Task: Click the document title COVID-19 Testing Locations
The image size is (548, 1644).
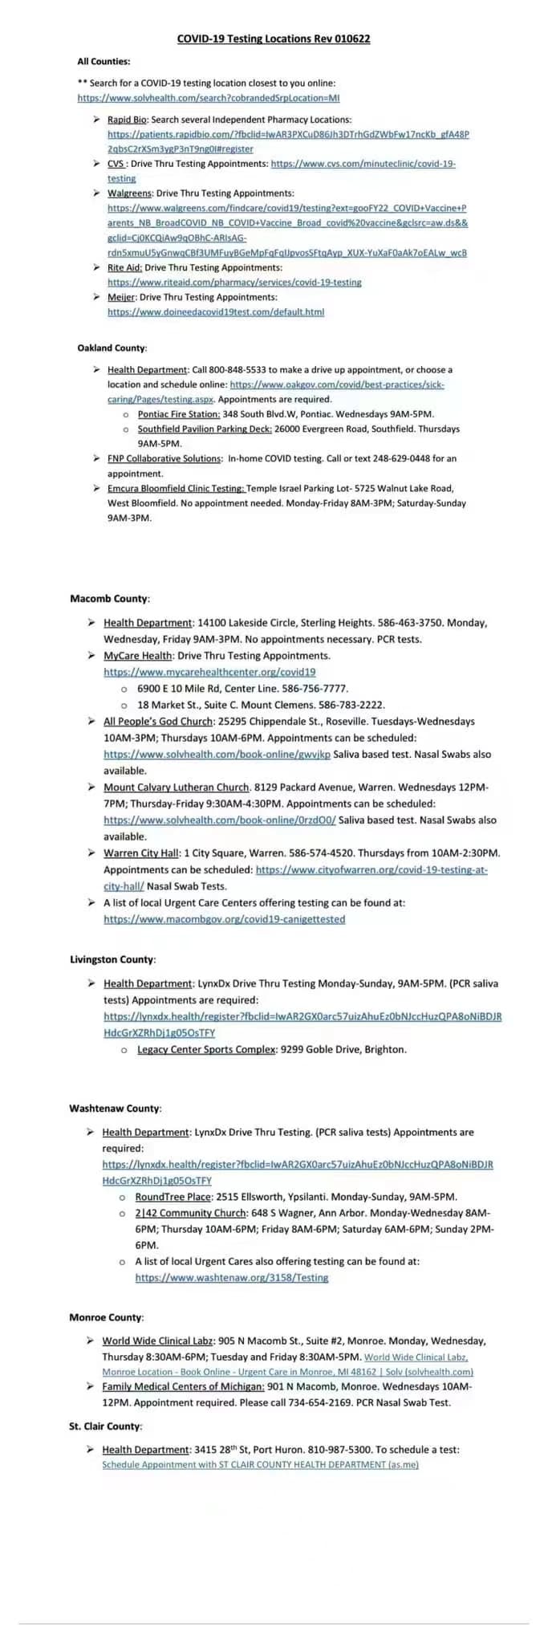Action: [x=273, y=39]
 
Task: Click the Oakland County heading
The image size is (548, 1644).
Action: [x=112, y=348]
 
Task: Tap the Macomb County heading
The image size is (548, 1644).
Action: [x=109, y=599]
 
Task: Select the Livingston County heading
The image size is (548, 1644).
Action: [x=112, y=959]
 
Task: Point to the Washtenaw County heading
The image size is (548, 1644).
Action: [x=115, y=1109]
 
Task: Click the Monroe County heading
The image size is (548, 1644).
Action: [x=106, y=1317]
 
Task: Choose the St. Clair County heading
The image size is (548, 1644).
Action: [x=105, y=1426]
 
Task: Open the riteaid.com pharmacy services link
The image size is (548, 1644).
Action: [x=234, y=283]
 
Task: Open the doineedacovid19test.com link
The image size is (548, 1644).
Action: [x=216, y=312]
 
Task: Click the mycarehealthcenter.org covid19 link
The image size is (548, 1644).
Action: [x=209, y=672]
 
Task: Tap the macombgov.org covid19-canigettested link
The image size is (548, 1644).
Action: [x=224, y=919]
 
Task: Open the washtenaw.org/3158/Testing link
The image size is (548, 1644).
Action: [x=231, y=1277]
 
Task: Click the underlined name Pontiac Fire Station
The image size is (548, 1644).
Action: [x=178, y=414]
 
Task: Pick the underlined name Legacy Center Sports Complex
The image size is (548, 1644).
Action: [x=206, y=1049]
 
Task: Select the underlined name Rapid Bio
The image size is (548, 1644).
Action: [x=127, y=120]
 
